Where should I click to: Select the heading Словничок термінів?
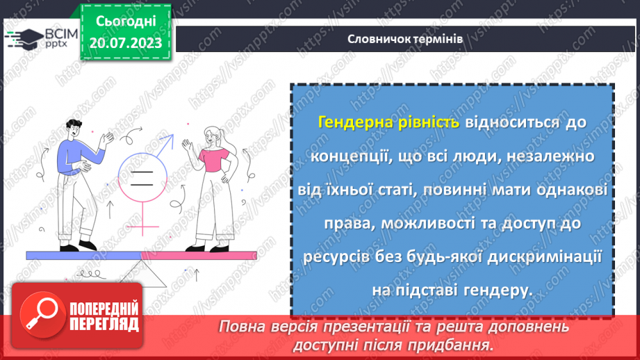(406, 39)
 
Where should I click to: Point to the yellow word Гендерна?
(349, 122)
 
